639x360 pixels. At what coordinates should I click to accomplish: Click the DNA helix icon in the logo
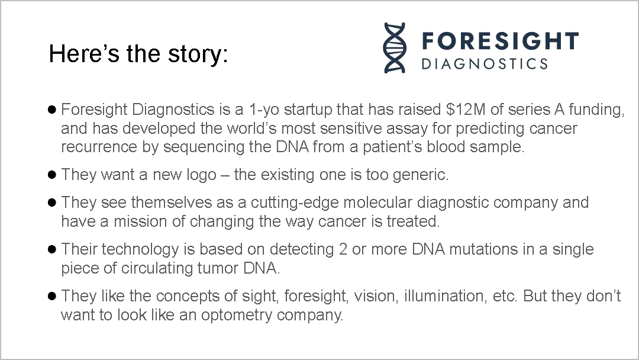[x=394, y=48]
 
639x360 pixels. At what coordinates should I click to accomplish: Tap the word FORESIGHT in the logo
[x=500, y=41]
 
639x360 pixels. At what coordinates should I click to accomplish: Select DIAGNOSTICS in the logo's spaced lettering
[x=485, y=63]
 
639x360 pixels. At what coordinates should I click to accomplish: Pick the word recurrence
[x=99, y=147]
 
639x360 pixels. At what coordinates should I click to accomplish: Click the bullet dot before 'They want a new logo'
[x=51, y=175]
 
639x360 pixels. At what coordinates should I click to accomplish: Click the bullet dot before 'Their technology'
[x=51, y=249]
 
